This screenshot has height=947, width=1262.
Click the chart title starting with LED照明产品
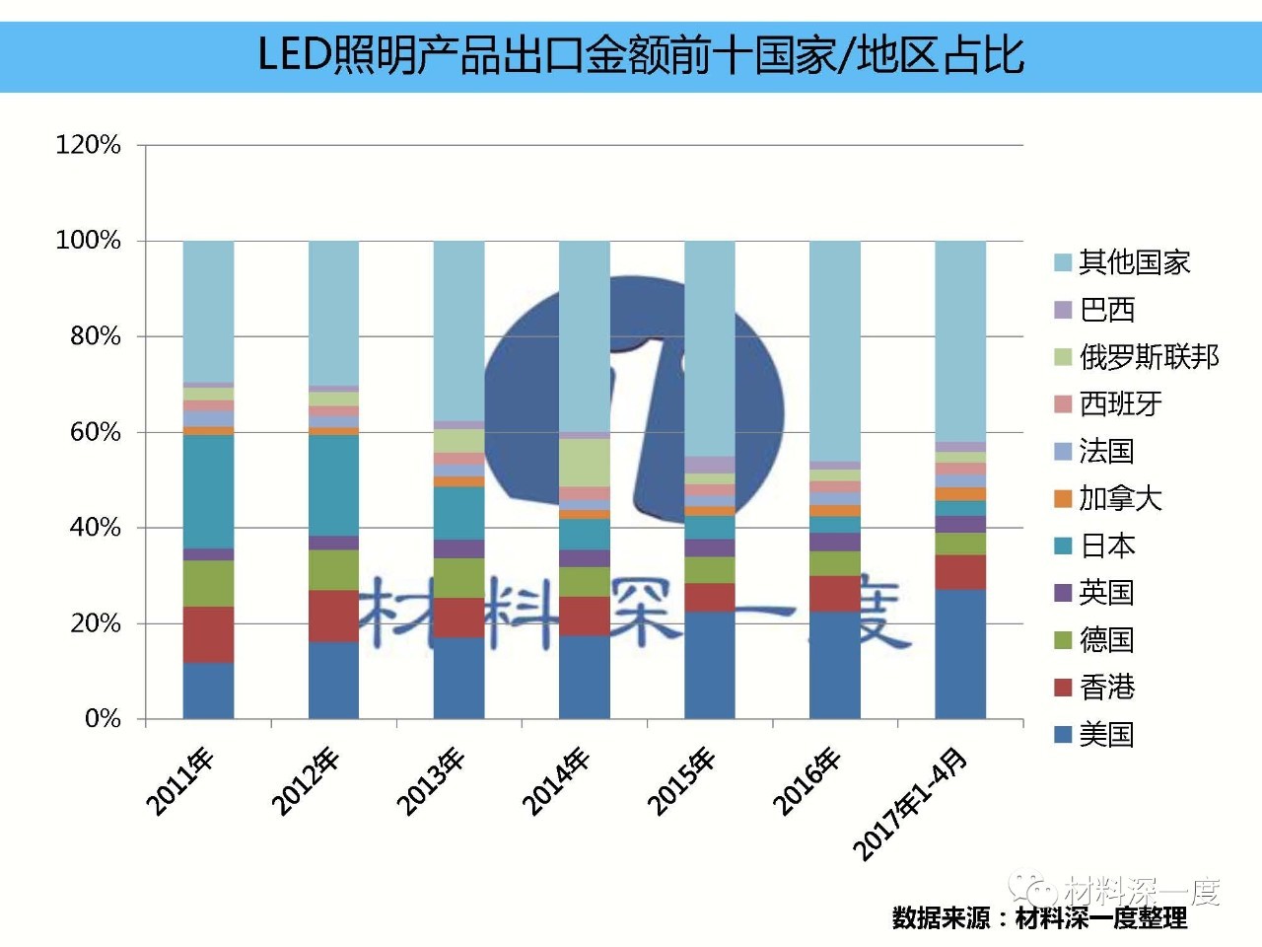tap(641, 55)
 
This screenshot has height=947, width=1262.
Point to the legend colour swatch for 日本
tap(1063, 546)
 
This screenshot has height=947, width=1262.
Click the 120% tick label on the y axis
tap(88, 145)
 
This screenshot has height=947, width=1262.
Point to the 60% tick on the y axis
tap(95, 432)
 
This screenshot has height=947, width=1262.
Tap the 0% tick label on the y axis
tap(103, 718)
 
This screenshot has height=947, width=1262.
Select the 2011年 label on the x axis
tap(180, 782)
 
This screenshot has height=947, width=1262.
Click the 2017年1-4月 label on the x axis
tap(910, 804)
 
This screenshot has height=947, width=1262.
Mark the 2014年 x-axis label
tap(556, 782)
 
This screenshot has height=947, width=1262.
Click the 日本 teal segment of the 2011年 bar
tap(208, 491)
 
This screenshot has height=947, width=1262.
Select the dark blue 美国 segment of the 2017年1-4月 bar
tap(960, 653)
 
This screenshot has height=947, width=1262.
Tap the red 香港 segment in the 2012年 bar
tap(333, 616)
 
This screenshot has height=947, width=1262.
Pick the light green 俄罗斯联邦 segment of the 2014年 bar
tap(584, 462)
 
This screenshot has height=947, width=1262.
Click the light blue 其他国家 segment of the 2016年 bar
tap(834, 350)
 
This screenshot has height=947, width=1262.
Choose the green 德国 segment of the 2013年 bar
tap(458, 578)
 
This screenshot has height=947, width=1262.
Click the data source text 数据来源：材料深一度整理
tap(1039, 918)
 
